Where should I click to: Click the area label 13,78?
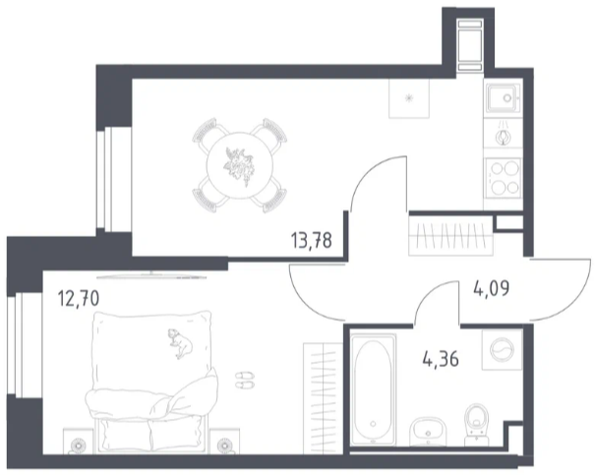(311, 241)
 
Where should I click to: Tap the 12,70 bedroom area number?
(78, 298)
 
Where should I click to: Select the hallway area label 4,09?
(492, 289)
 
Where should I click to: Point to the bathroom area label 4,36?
(441, 359)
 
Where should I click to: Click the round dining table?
(239, 165)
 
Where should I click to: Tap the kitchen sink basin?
(502, 98)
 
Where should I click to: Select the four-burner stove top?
(503, 178)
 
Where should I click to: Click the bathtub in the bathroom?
(373, 388)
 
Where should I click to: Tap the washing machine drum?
(502, 349)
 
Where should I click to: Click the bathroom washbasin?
(428, 432)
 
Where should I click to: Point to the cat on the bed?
(181, 343)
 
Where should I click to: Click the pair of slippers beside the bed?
(245, 381)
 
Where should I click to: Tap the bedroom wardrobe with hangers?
(323, 398)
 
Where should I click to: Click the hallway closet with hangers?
(450, 233)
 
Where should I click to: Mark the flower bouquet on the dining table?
(238, 166)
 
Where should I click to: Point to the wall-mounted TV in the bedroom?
(151, 275)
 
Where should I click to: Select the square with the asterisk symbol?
(409, 98)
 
